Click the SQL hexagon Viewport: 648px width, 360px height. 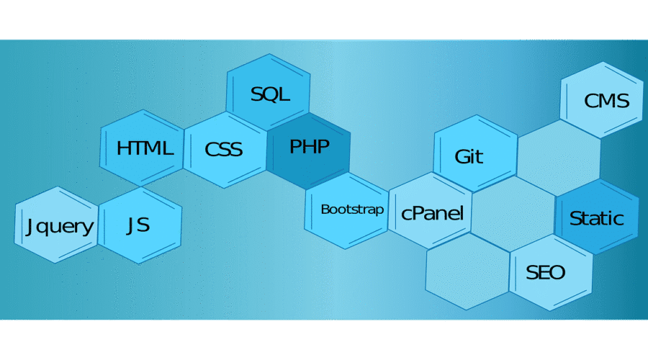tap(269, 94)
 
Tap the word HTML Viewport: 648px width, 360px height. tap(145, 148)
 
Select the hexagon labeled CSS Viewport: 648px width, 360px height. tap(225, 149)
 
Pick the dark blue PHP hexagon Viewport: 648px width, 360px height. tap(309, 148)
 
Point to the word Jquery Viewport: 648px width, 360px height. tap(59, 227)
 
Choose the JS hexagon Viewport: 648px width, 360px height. tap(139, 225)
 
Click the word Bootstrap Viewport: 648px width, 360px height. tap(352, 210)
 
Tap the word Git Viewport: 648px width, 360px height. tap(469, 156)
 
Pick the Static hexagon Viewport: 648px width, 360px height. tap(596, 217)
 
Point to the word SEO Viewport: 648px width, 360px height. tap(545, 273)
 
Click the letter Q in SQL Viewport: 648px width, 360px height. tap(269, 94)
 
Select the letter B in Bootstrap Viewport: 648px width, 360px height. tap(325, 210)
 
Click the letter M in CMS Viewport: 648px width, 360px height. tap(606, 100)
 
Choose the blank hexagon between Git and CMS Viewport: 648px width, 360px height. tap(559, 156)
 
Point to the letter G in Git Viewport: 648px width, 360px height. tap(462, 156)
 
